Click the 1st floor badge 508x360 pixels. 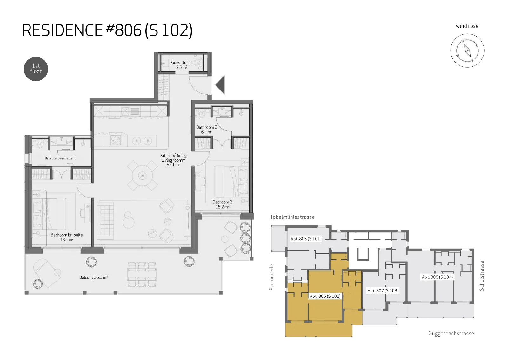coord(36,69)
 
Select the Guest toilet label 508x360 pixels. coord(181,65)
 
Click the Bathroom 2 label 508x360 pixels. coord(207,130)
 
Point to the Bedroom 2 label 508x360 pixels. coord(222,204)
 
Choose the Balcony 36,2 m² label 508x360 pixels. coord(93,277)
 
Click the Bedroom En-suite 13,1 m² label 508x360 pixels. coord(67,237)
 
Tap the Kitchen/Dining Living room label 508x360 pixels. coord(173,160)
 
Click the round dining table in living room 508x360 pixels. coord(143,176)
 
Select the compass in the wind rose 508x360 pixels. coord(467,50)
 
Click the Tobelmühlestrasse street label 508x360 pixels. coord(292,217)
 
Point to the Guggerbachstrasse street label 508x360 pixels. coord(451,333)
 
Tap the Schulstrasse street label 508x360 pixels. coord(482,276)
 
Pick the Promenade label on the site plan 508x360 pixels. coord(271,277)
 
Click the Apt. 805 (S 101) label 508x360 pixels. coord(306,239)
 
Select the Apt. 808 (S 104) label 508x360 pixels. coord(437,277)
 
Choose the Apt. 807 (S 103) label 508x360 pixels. coord(383,290)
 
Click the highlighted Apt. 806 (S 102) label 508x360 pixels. coord(325,296)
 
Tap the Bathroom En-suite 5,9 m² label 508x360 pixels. coord(60,158)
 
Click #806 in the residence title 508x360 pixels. coord(124,30)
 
